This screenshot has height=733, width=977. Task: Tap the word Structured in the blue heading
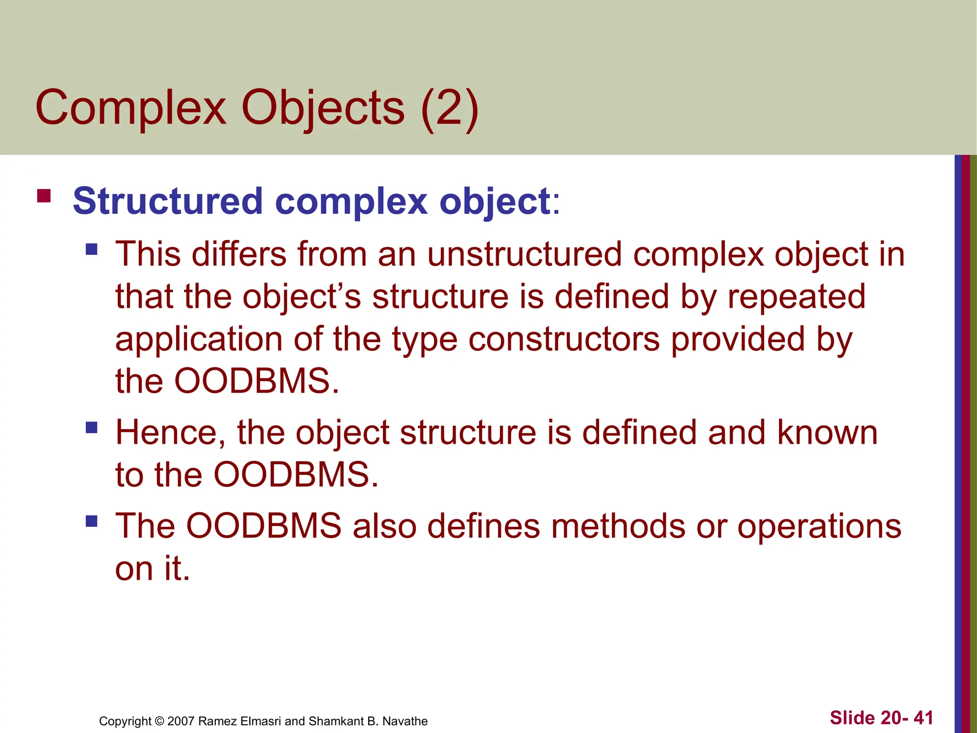click(x=168, y=201)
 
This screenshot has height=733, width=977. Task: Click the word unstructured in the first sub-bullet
click(x=524, y=254)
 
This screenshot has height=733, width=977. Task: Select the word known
click(x=827, y=433)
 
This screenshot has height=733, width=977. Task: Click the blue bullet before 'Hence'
click(x=92, y=427)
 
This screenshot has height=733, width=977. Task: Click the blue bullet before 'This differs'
click(x=92, y=249)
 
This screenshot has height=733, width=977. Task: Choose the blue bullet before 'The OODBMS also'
click(x=92, y=521)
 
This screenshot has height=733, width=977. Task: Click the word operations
click(x=819, y=527)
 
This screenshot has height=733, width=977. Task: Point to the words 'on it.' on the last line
click(x=153, y=569)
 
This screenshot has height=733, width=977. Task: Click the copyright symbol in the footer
click(x=159, y=721)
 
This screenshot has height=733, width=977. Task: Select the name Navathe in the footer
click(x=405, y=721)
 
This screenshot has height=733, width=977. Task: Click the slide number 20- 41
click(x=907, y=718)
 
